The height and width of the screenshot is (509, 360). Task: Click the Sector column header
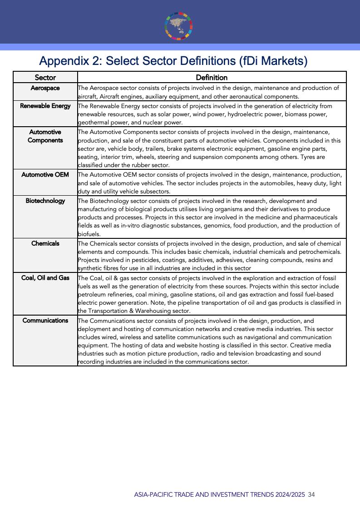point(45,78)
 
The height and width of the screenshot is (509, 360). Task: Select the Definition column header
point(212,78)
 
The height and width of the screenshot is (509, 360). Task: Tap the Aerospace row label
point(45,88)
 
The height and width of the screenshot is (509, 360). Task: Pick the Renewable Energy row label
point(45,106)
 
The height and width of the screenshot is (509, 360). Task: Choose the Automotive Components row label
point(45,136)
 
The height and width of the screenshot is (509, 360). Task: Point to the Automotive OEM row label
point(45,174)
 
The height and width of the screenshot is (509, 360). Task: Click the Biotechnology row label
point(45,201)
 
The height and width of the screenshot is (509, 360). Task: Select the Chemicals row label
point(45,243)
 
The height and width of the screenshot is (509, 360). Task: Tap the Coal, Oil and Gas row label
point(45,277)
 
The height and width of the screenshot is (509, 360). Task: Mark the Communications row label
point(45,320)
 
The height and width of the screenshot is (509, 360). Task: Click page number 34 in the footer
point(311,494)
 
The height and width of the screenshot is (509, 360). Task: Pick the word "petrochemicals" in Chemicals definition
point(320,252)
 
